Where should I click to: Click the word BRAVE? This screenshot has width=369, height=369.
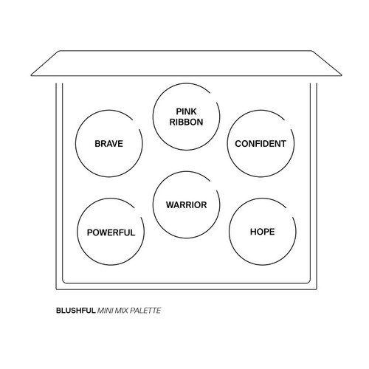108,144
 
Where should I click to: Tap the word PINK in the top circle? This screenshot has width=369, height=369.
186,111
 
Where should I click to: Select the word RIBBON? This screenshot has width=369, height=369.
186,122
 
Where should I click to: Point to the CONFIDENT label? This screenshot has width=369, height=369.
261,144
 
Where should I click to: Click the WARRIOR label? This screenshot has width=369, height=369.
186,205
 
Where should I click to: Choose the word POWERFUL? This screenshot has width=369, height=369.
111,232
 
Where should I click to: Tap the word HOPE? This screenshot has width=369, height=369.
263,232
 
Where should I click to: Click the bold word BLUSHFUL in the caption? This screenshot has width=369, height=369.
76,311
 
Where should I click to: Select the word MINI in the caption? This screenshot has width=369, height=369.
106,311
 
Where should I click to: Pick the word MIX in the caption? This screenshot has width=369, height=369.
122,311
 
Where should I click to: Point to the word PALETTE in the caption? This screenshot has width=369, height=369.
145,311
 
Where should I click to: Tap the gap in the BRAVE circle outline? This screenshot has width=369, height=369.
137,125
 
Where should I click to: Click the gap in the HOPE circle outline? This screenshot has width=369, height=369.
290,213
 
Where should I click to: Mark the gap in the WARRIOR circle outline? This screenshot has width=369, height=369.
213,186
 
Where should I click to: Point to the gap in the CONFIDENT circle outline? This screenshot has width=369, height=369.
288,125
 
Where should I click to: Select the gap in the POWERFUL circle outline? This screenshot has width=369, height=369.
138,213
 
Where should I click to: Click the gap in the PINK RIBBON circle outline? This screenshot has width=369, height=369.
213,97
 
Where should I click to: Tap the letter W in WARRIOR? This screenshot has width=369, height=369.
170,205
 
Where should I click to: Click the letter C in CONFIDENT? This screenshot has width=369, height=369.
238,144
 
